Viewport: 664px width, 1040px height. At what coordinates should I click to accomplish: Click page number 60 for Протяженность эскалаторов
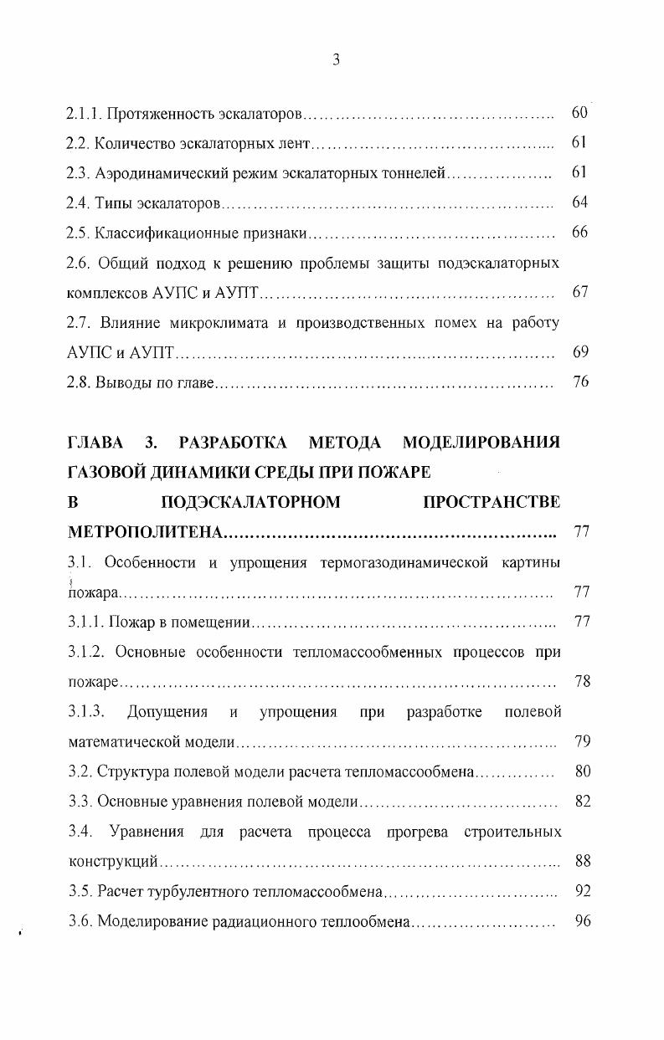[579, 112]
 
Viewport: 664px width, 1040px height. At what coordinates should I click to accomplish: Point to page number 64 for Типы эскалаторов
[579, 202]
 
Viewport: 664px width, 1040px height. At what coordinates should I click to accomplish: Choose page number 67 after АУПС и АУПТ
[579, 293]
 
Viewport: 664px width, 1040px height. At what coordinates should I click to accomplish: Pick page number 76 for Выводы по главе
[579, 382]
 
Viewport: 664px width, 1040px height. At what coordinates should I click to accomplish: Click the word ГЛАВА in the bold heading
[95, 442]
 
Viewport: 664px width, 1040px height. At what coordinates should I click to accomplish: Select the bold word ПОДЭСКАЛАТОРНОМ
[250, 502]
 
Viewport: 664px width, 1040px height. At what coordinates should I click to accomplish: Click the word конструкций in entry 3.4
[113, 861]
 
